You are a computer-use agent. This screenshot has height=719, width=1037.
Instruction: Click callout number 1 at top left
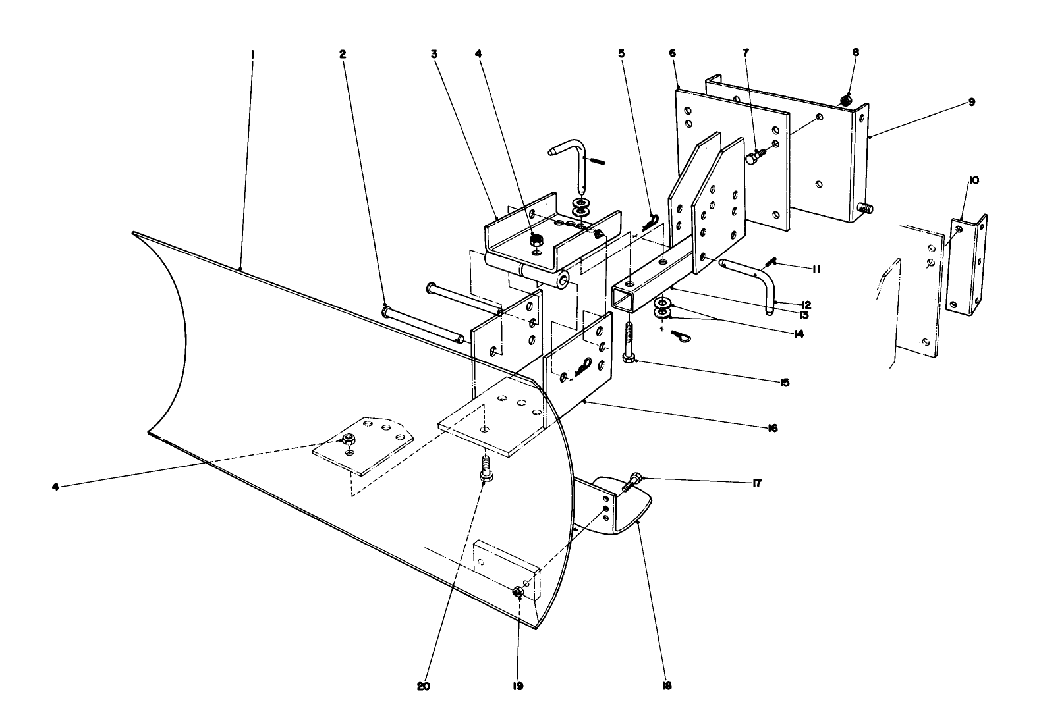click(252, 55)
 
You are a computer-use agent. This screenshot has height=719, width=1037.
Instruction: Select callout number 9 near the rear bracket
click(972, 103)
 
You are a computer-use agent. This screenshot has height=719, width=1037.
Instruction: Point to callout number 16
click(772, 429)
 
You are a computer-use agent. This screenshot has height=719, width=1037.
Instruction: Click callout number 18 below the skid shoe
click(667, 685)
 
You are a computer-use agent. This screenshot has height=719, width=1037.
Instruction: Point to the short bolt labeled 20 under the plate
click(485, 466)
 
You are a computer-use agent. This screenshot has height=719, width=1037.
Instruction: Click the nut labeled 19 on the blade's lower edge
click(517, 593)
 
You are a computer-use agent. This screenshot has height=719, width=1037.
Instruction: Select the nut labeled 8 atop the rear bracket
click(846, 99)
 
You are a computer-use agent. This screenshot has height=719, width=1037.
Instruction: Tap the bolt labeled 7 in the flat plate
click(755, 157)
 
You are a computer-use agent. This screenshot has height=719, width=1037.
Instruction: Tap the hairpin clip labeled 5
click(652, 220)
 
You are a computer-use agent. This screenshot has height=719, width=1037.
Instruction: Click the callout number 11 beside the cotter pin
click(815, 269)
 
